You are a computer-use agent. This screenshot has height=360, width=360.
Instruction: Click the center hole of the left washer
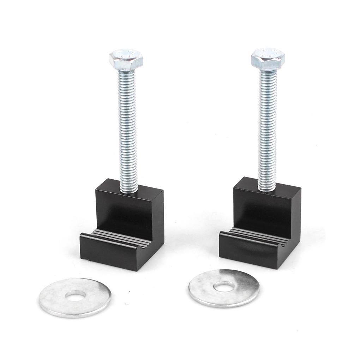75,295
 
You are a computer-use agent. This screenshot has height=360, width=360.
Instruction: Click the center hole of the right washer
224,287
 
